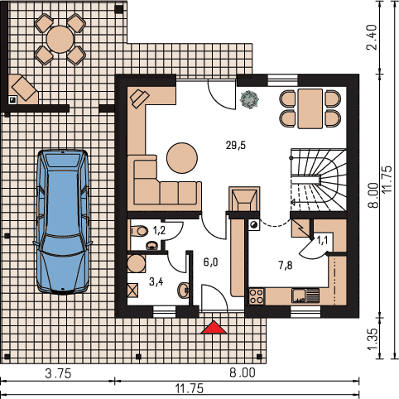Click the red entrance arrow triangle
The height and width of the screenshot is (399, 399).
(x=214, y=327)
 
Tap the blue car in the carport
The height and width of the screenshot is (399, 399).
(x=63, y=223)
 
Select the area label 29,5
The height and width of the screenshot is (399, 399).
(x=236, y=145)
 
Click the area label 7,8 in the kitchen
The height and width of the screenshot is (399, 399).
(x=286, y=266)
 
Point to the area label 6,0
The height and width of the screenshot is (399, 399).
(x=210, y=262)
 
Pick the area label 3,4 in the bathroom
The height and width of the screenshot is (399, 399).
(x=156, y=281)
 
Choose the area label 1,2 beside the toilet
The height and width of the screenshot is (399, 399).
(x=159, y=231)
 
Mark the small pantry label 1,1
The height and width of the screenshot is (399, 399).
(x=322, y=241)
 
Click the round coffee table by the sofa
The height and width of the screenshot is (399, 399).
(x=182, y=158)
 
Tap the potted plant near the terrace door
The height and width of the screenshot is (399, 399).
(x=249, y=99)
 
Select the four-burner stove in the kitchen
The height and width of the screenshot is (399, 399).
(x=257, y=296)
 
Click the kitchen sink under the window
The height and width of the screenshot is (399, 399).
(x=305, y=296)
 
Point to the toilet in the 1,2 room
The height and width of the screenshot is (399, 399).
(x=139, y=231)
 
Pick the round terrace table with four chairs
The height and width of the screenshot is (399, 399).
(x=60, y=39)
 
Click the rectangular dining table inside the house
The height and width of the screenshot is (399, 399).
(x=310, y=108)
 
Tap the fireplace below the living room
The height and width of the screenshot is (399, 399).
(x=244, y=199)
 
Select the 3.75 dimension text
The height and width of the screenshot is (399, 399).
(x=58, y=373)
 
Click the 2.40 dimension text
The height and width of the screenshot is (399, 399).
(x=372, y=37)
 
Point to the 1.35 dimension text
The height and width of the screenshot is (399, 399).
(x=372, y=339)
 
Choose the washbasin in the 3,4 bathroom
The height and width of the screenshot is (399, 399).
(x=184, y=290)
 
